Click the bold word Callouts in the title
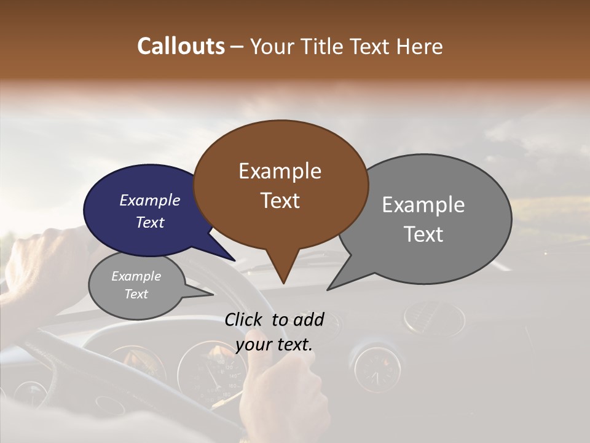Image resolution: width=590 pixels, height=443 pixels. point(181,46)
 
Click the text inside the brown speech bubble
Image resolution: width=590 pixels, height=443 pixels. point(280,185)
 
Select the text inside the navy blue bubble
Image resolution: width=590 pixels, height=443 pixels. point(150,211)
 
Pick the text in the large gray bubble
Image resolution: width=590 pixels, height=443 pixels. point(423,219)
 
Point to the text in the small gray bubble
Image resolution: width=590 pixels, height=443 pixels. point(136,285)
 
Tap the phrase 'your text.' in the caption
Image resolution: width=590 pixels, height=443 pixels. point(273,345)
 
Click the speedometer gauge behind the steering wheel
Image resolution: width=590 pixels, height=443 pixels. point(212,372)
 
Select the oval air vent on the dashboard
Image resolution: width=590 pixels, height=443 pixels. point(434,319)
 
